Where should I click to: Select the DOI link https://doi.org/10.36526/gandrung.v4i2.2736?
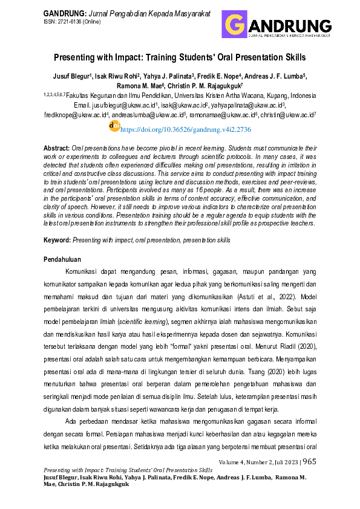(x=185, y=129)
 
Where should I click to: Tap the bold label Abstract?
(x=57, y=148)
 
